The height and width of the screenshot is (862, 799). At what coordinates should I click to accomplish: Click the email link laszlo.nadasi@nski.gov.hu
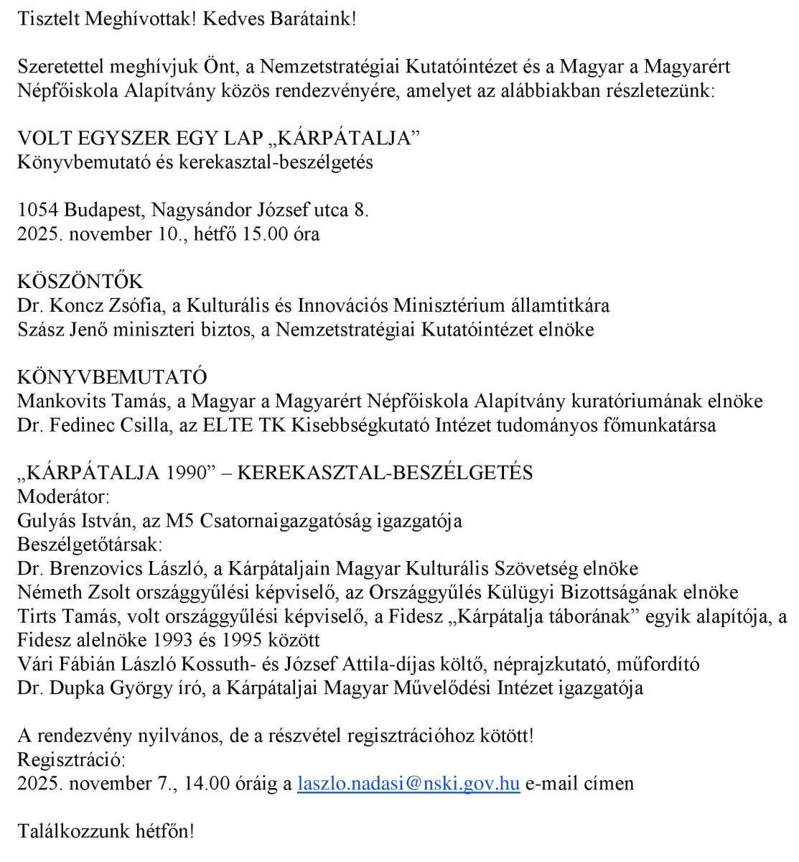(408, 783)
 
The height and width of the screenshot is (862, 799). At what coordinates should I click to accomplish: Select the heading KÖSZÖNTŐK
(80, 282)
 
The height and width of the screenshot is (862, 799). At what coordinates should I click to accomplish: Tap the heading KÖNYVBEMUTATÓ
(112, 377)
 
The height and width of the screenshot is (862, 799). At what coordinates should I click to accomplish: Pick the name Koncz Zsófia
(107, 305)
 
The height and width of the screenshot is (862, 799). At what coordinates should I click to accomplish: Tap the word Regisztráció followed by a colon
(71, 759)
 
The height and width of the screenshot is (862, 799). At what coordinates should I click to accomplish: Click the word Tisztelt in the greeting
(48, 19)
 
